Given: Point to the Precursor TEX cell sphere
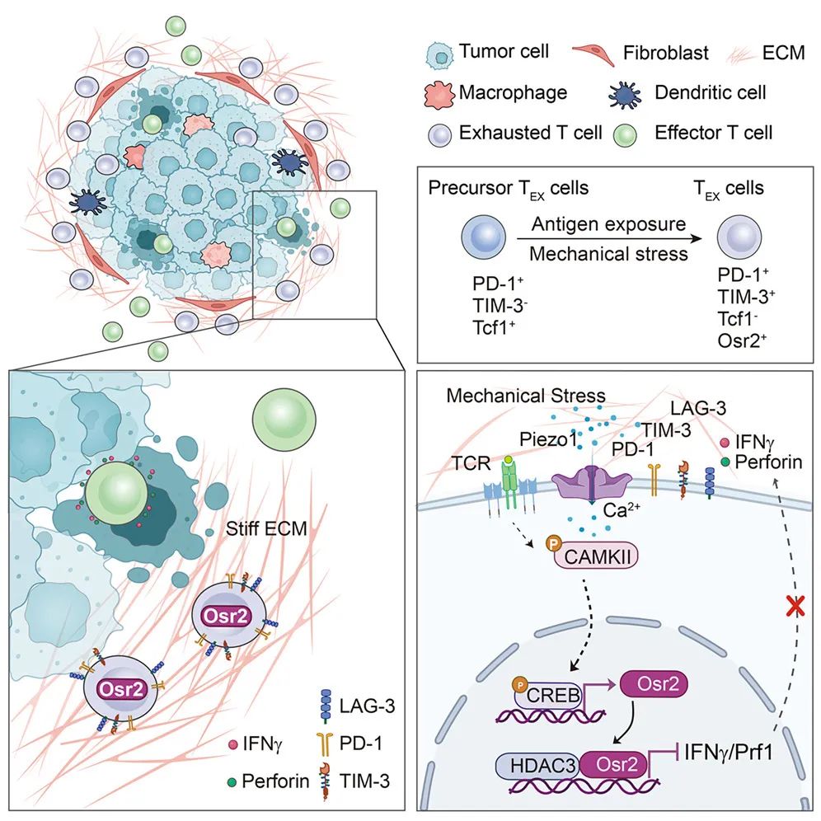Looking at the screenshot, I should tap(481, 239).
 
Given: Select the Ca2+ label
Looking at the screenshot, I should tap(620, 511).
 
